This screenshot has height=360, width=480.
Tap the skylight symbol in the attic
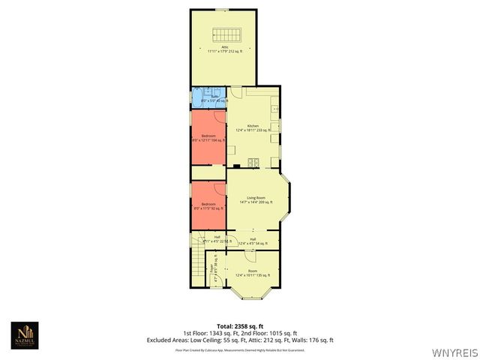(x=223, y=33)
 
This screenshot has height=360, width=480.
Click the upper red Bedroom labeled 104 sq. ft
(x=208, y=138)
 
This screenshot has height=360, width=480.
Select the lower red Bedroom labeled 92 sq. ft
(x=208, y=205)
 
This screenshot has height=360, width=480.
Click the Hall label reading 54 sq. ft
(x=253, y=241)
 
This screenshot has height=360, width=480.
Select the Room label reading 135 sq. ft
(x=253, y=274)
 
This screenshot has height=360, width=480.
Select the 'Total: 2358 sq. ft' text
(x=239, y=326)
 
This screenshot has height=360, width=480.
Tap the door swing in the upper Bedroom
(x=217, y=116)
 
